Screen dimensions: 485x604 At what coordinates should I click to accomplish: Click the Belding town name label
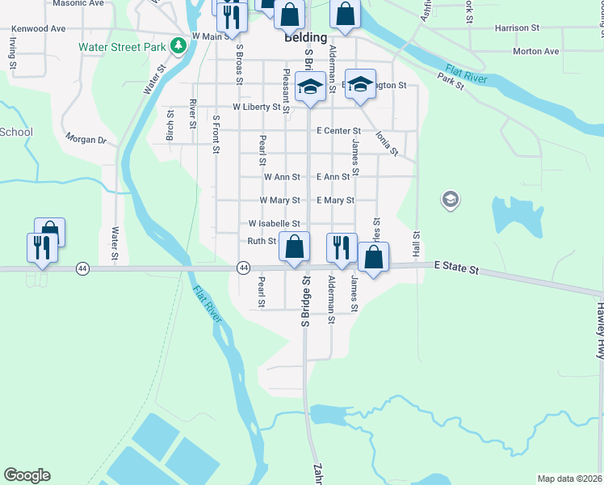pyautogui.click(x=305, y=37)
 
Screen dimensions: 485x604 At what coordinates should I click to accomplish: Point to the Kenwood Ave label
pyautogui.click(x=37, y=28)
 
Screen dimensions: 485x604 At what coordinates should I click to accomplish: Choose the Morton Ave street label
pyautogui.click(x=535, y=52)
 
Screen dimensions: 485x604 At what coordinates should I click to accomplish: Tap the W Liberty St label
pyautogui.click(x=256, y=107)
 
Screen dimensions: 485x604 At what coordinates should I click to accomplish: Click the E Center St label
pyautogui.click(x=338, y=130)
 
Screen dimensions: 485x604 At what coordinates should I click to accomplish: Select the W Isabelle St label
pyautogui.click(x=275, y=223)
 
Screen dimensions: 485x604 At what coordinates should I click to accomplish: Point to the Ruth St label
pyautogui.click(x=262, y=241)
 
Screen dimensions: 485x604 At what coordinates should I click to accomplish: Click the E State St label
pyautogui.click(x=456, y=265)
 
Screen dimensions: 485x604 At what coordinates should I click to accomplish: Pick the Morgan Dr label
pyautogui.click(x=86, y=140)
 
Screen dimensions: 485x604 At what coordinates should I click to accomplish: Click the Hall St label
pyautogui.click(x=417, y=245)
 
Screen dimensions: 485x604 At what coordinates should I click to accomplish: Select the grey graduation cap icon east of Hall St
pyautogui.click(x=450, y=199)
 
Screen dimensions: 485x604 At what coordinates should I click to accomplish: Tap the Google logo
pyautogui.click(x=27, y=475)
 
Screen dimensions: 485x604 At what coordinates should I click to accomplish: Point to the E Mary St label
pyautogui.click(x=335, y=200)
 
